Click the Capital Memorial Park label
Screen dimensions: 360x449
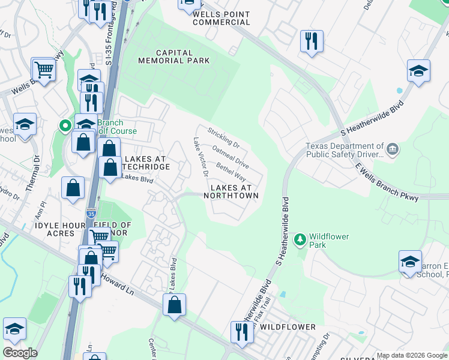pyautogui.click(x=174, y=56)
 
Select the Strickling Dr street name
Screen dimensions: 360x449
pyautogui.click(x=223, y=137)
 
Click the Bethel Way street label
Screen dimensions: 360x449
pyautogui.click(x=231, y=171)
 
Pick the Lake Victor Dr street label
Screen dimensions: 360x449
pyautogui.click(x=200, y=157)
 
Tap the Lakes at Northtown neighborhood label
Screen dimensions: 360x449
pyautogui.click(x=234, y=191)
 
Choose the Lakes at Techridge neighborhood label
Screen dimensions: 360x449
pyautogui.click(x=143, y=163)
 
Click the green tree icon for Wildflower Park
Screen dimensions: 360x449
pyautogui.click(x=300, y=241)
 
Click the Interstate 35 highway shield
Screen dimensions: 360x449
pyautogui.click(x=90, y=212)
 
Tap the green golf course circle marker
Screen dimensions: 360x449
pyautogui.click(x=65, y=125)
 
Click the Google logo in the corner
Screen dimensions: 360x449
pyautogui.click(x=20, y=353)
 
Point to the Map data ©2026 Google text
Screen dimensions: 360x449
pyautogui.click(x=411, y=355)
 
